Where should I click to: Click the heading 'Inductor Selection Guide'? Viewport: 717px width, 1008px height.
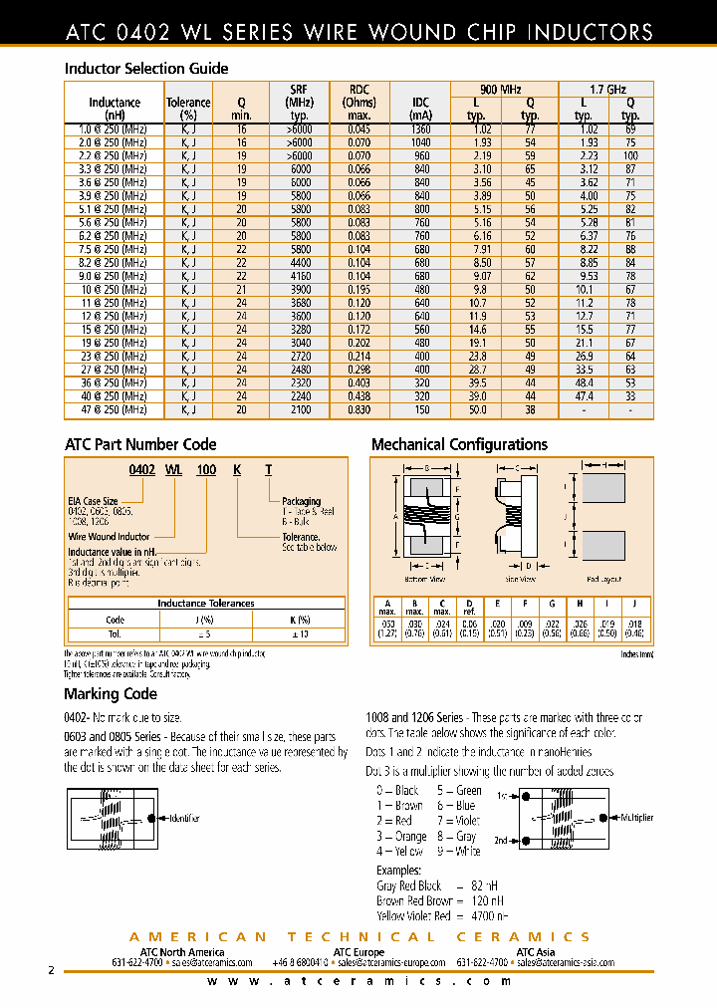tap(146, 69)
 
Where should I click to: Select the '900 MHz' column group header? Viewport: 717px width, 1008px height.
tap(504, 90)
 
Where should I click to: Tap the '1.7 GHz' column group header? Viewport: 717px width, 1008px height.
tap(605, 90)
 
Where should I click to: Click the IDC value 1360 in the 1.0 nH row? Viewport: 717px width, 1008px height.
tap(421, 129)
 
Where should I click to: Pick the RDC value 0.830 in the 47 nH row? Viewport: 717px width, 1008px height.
tap(358, 409)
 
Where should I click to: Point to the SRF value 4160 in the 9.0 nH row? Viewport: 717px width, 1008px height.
tap(298, 276)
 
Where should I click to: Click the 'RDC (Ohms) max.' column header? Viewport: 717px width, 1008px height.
tap(358, 103)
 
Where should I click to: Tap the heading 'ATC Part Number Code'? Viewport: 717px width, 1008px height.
tap(140, 444)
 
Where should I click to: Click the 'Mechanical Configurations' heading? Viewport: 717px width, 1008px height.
tap(459, 444)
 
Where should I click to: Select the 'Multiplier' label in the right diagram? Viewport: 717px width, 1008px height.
tap(636, 817)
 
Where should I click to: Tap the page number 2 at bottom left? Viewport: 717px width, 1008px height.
tap(51, 969)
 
